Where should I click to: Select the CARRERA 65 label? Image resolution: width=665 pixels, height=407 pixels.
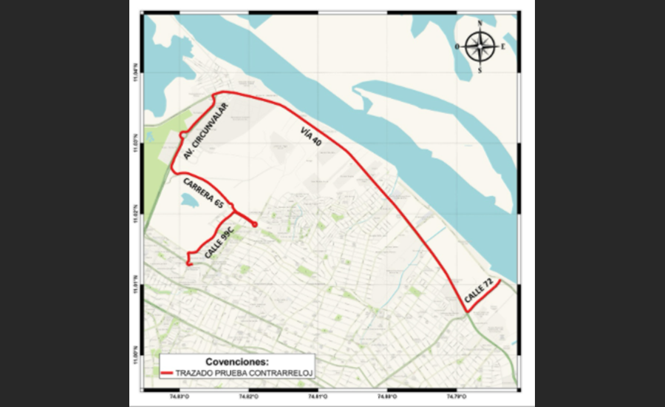click(203, 192)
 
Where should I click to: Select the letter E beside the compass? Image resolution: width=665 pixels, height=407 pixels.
click(503, 47)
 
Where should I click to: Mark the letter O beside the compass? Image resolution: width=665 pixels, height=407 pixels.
click(458, 47)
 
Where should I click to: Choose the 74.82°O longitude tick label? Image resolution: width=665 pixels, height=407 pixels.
click(248, 397)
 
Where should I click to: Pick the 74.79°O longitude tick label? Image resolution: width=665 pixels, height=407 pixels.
click(456, 397)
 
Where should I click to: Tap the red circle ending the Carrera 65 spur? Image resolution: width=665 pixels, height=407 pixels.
click(255, 224)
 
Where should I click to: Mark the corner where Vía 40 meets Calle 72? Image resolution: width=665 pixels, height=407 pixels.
click(467, 312)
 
